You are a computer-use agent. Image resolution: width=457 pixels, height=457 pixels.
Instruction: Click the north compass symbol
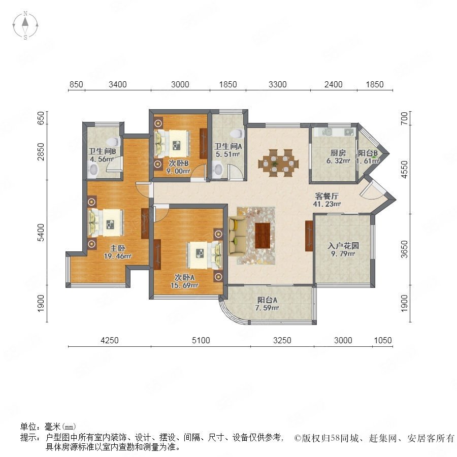(x=25, y=25)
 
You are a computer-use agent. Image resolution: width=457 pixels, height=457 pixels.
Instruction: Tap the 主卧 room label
(x=118, y=248)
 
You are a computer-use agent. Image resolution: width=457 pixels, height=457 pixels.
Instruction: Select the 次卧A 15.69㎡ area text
(x=185, y=285)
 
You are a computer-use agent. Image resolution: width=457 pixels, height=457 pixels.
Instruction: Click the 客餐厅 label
(x=327, y=196)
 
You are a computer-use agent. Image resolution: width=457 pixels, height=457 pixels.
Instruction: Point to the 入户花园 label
(x=343, y=246)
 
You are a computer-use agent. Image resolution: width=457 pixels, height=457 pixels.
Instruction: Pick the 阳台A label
(x=267, y=300)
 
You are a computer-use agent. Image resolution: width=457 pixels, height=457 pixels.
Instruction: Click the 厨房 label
(x=338, y=152)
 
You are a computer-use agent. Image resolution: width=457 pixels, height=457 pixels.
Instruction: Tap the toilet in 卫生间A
(x=237, y=134)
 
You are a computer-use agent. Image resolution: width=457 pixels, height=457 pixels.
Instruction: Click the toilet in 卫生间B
(x=113, y=142)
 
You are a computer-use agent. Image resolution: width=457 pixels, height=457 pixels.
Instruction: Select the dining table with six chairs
(x=278, y=163)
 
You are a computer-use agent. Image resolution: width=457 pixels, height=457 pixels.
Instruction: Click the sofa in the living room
(x=237, y=236)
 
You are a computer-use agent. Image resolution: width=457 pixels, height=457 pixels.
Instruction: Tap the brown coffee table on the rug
(x=263, y=236)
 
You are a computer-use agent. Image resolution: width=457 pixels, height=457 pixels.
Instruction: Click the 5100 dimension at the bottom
(x=201, y=340)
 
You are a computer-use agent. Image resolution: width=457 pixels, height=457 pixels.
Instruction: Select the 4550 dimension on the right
(x=404, y=170)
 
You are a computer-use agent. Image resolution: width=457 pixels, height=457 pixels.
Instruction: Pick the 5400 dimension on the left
(x=41, y=232)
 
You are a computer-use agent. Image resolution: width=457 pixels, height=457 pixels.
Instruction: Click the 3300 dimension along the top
(x=277, y=84)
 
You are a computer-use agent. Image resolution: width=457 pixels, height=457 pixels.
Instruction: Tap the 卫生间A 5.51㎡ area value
(x=228, y=154)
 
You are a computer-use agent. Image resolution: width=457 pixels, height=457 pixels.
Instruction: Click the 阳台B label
(x=368, y=153)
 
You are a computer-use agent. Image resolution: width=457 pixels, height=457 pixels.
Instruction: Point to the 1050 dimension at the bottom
(x=383, y=340)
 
